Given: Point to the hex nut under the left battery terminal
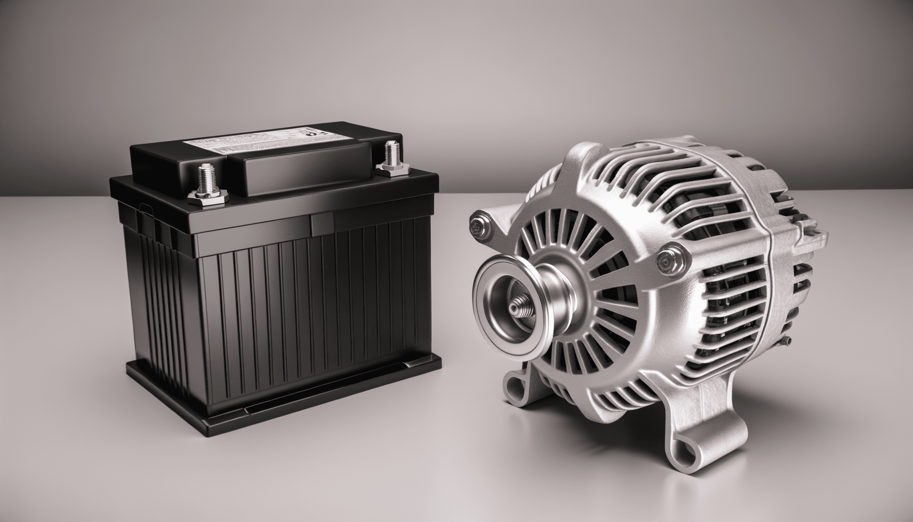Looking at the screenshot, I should coord(206,197).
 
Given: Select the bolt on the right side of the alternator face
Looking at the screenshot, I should coord(665,262).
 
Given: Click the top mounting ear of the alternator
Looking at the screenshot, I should coord(591,153).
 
